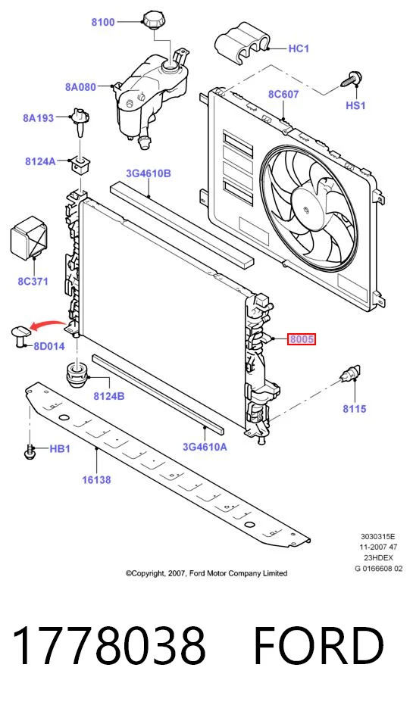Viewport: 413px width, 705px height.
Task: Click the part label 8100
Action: point(103,21)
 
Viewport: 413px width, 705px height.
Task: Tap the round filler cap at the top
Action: point(154,20)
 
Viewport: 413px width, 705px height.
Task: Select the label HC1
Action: point(299,48)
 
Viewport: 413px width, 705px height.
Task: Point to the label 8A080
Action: point(80,87)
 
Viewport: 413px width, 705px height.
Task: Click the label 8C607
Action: point(283,95)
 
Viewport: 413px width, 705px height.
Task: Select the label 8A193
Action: point(38,118)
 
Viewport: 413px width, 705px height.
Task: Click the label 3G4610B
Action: point(149,173)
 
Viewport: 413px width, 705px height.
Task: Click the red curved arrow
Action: point(47,324)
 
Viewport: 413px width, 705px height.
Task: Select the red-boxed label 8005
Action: point(302,339)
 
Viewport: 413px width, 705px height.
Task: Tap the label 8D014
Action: point(49,346)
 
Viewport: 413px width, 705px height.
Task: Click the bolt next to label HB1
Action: point(30,451)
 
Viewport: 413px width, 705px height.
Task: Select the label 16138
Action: point(96,480)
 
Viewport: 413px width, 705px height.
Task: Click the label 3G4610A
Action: point(205,447)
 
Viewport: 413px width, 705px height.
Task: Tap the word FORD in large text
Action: point(318,646)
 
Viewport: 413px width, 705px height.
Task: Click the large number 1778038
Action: point(109,646)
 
